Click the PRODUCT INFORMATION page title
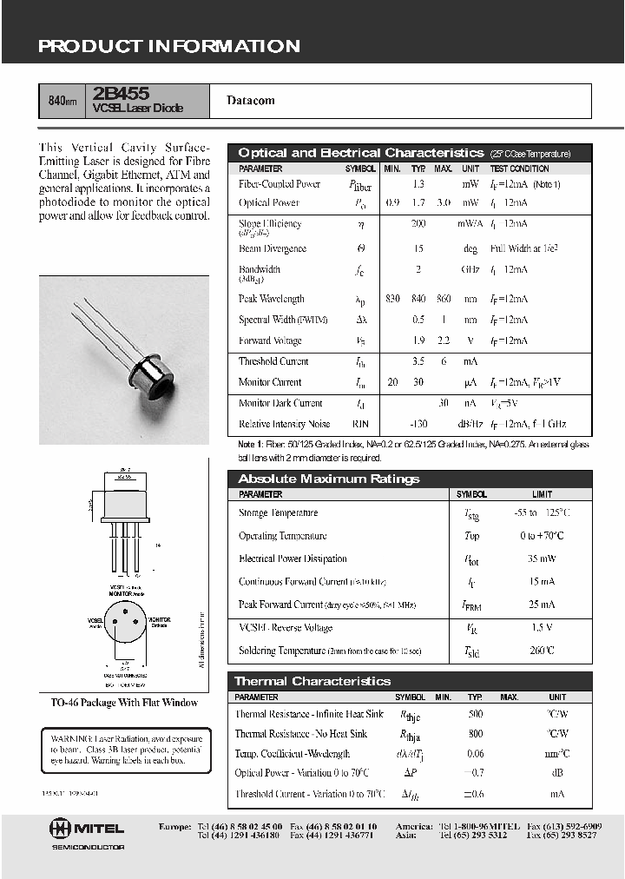168,47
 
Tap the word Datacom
251,101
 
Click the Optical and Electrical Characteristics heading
360,153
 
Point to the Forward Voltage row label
270,341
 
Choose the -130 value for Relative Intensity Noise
418,425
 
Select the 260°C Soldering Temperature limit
542,651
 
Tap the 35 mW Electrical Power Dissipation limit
542,559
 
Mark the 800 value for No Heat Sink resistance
475,734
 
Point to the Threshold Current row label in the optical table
273,361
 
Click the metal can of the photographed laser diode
161,373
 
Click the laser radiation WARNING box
125,750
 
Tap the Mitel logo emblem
62,828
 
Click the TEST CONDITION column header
519,169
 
